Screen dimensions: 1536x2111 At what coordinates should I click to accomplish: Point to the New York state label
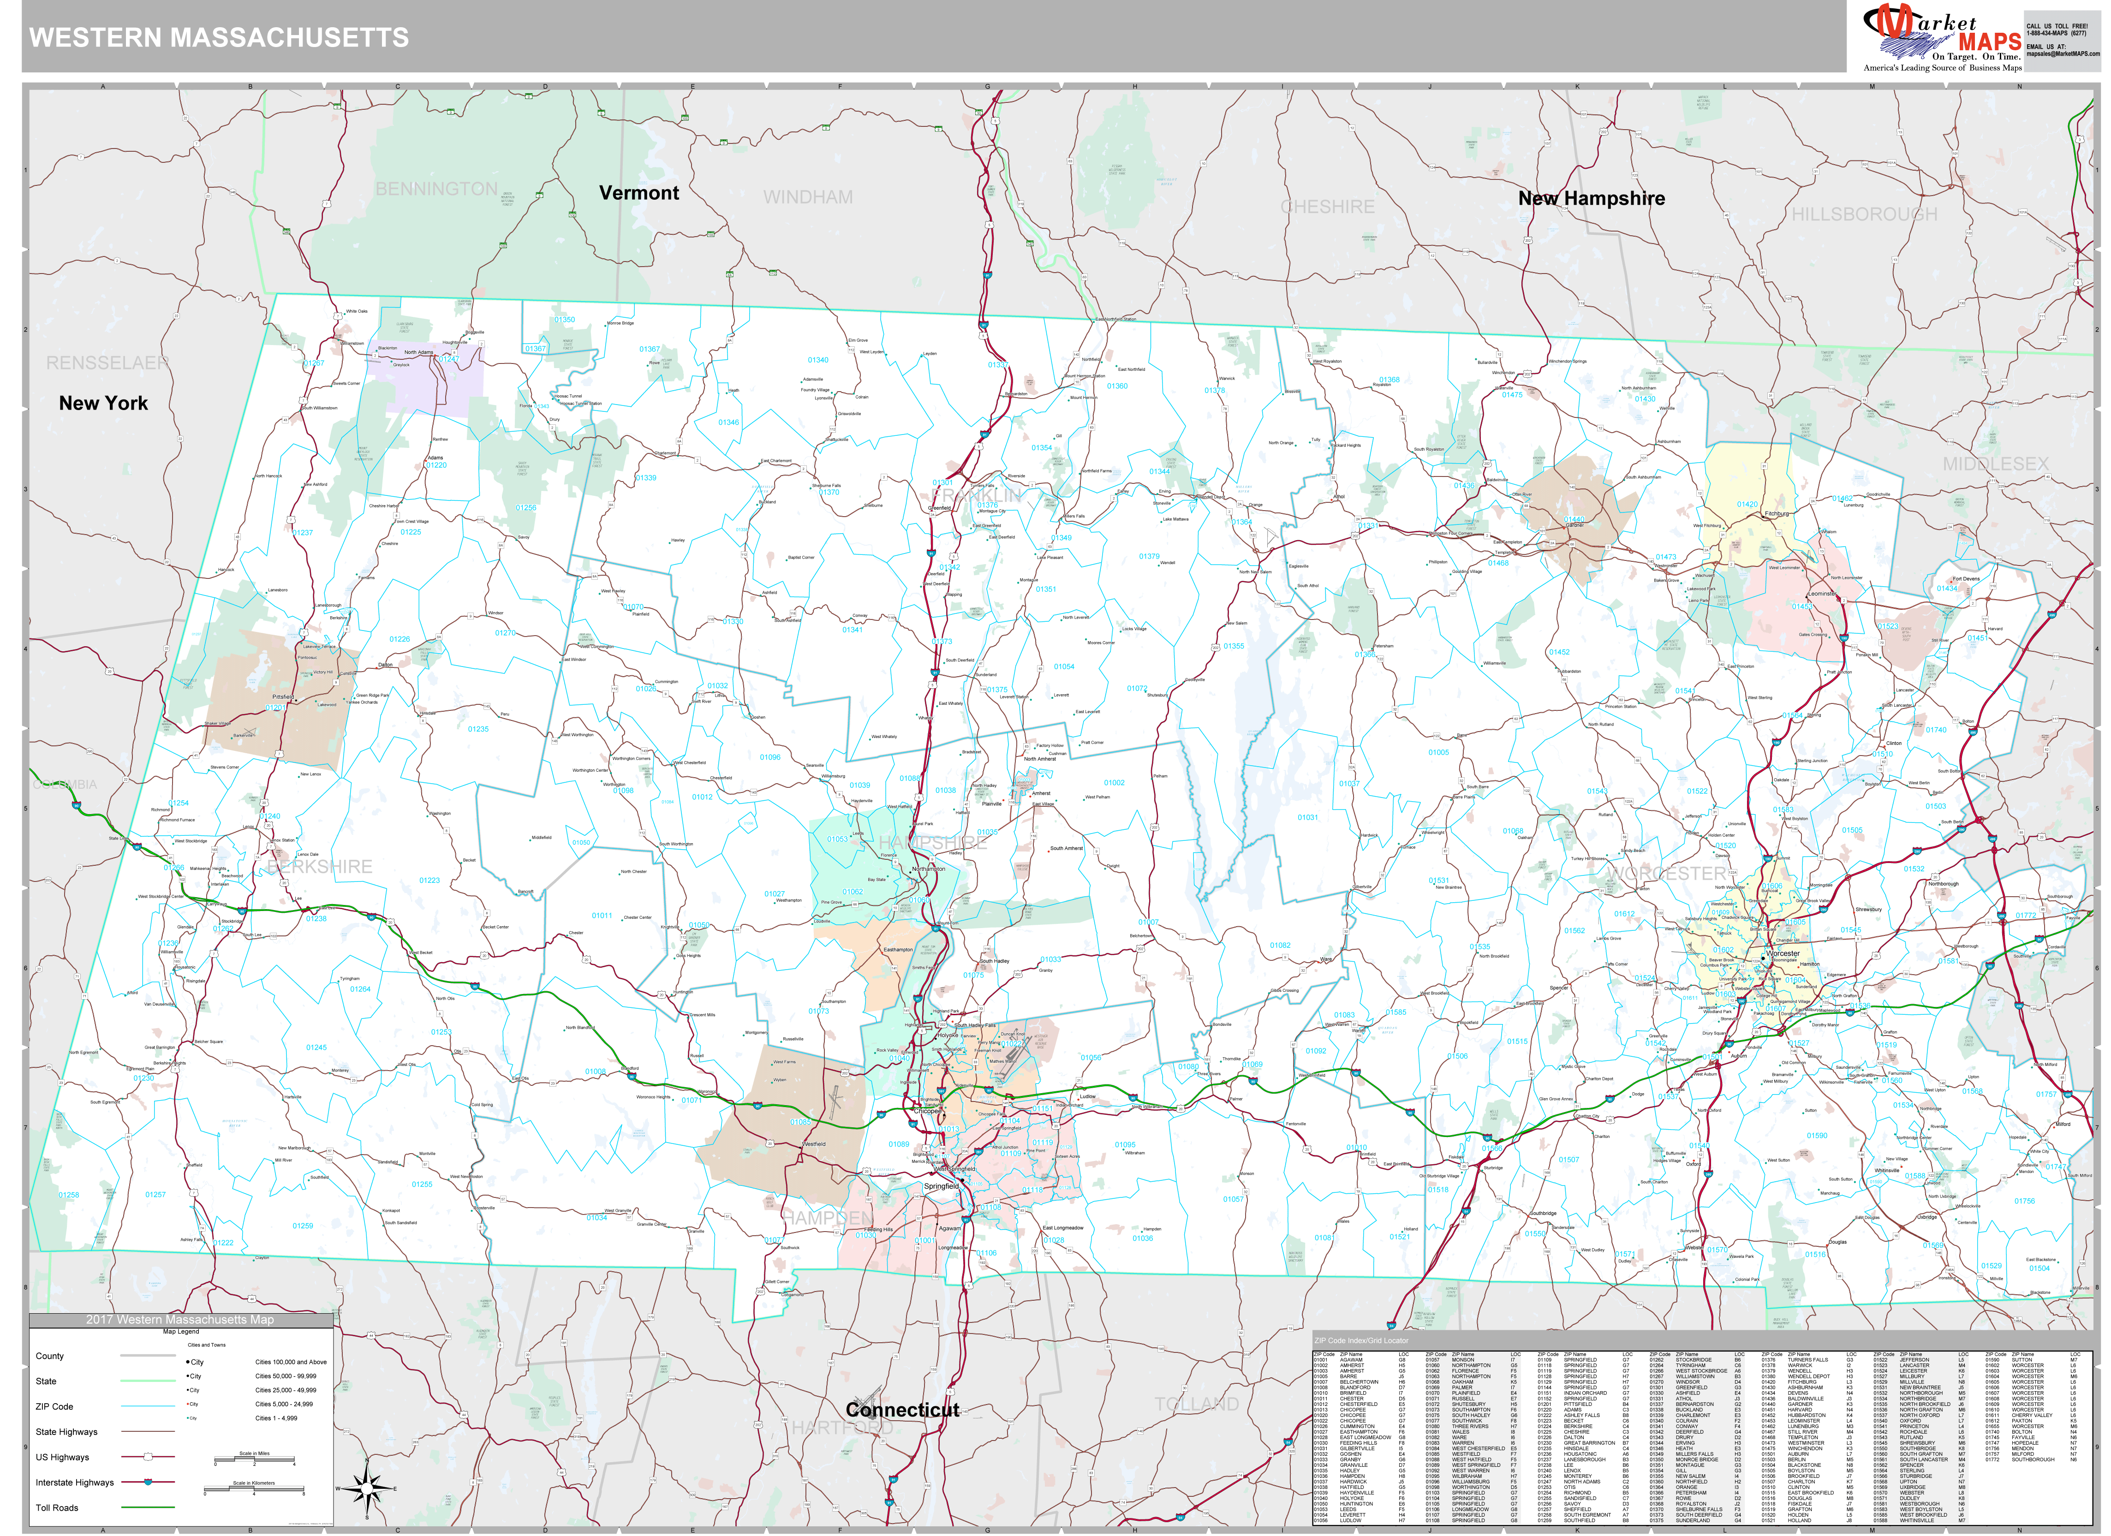[103, 403]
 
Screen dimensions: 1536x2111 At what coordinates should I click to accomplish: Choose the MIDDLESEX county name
[1995, 464]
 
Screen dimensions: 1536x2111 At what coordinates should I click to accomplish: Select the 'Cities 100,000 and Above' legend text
[291, 1362]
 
